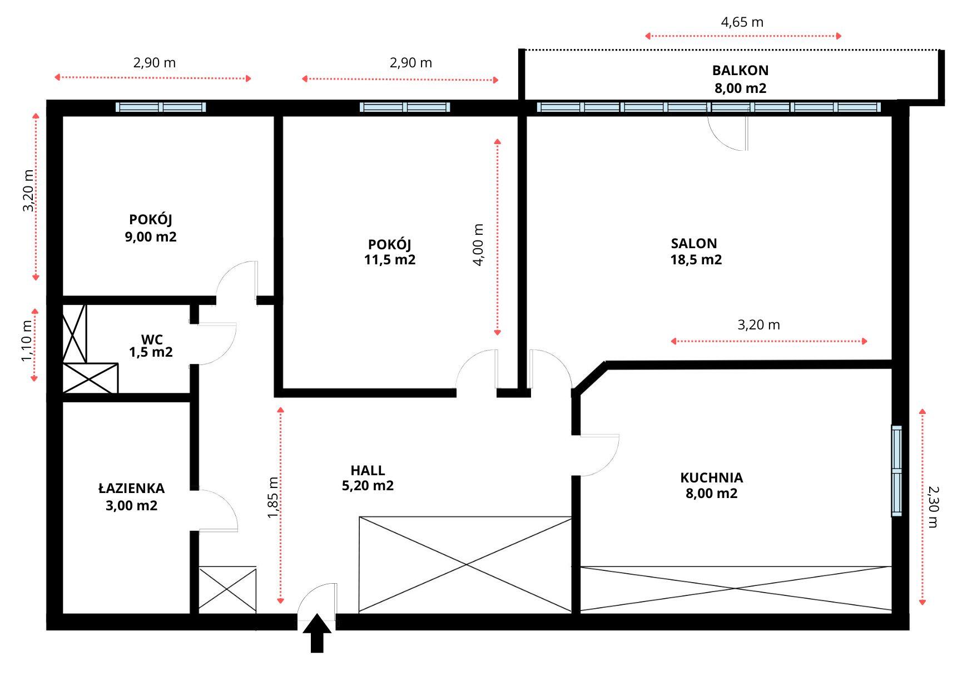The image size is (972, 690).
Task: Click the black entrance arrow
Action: (317, 633)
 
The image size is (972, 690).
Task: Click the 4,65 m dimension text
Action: (742, 22)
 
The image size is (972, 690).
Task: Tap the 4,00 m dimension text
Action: (479, 245)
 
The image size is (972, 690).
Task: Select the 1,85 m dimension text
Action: (273, 497)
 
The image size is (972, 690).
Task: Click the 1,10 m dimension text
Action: (27, 341)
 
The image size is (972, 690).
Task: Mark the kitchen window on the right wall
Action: (896, 471)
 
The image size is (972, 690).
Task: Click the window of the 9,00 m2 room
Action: (161, 107)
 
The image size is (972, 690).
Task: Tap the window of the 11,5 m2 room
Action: (405, 107)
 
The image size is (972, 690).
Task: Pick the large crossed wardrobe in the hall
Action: (465, 565)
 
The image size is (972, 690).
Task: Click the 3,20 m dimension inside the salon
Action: (758, 324)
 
